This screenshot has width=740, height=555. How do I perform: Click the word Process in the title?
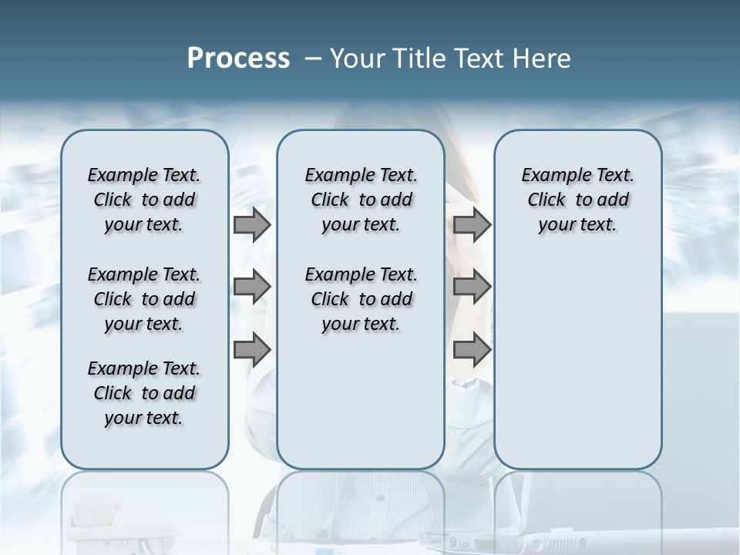click(x=238, y=59)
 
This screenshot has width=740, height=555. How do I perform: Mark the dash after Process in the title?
click(x=312, y=59)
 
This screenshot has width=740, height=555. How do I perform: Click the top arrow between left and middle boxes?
click(x=252, y=224)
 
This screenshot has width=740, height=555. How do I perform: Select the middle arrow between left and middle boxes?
click(x=252, y=288)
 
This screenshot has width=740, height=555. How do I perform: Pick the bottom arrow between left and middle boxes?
click(x=252, y=350)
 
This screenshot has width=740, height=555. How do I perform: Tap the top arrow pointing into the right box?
click(x=472, y=224)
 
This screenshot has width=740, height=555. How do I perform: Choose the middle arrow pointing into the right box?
click(x=472, y=288)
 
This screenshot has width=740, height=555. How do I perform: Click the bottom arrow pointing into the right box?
click(x=472, y=350)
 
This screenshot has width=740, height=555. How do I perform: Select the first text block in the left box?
click(x=144, y=200)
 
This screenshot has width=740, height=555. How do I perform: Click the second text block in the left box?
click(x=144, y=299)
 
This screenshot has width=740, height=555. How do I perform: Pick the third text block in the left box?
click(x=144, y=393)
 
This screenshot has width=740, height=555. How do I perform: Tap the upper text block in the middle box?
click(x=361, y=200)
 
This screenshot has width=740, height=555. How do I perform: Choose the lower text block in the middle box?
click(x=361, y=299)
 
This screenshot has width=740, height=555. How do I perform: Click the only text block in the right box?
click(x=577, y=200)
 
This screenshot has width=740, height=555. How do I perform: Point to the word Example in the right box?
click(x=552, y=176)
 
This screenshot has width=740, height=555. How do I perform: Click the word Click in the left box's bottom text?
click(x=113, y=393)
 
